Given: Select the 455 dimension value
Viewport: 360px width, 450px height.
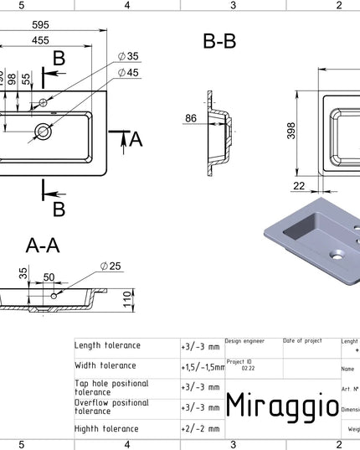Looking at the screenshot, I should (x=39, y=39).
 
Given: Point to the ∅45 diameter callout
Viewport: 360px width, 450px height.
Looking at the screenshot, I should (x=128, y=72).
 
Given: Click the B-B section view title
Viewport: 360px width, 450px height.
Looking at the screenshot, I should (x=219, y=42).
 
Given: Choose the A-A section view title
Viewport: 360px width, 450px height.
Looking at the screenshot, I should (x=43, y=245).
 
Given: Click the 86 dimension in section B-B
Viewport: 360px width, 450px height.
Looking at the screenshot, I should (x=191, y=118).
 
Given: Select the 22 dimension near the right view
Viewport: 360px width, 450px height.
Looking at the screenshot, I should (x=299, y=185).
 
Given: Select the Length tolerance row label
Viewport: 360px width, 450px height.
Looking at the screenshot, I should (x=108, y=345).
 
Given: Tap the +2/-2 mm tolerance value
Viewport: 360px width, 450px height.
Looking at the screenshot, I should (x=200, y=428).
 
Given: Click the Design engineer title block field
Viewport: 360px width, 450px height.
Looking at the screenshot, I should (x=245, y=341).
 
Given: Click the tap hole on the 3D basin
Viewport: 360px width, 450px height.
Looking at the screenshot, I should (x=337, y=252).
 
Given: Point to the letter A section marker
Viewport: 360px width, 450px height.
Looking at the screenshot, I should (x=136, y=140).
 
